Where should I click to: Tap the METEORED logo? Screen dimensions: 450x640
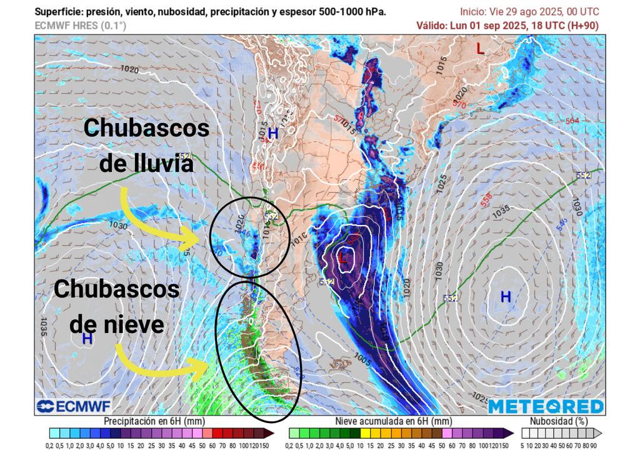546,406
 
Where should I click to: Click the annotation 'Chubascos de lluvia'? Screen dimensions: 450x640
146,146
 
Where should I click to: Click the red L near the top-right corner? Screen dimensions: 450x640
480,48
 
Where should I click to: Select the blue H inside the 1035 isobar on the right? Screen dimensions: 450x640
506,297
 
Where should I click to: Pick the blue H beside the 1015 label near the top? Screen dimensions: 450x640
273,134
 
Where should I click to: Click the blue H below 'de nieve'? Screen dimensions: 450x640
87,339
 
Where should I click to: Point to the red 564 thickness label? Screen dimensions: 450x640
572,121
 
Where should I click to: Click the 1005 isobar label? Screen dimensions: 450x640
361,361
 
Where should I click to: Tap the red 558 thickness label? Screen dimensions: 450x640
487,200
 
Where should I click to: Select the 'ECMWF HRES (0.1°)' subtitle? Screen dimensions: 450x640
80,26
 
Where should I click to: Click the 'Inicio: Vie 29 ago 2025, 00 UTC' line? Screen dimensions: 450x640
529,12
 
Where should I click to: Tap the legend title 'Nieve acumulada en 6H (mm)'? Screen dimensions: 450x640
393,421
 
